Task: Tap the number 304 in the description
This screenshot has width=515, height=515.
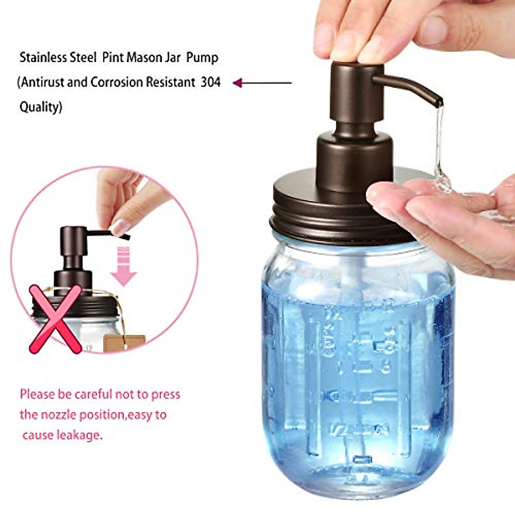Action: (211, 82)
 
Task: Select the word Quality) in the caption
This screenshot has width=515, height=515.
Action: (41, 107)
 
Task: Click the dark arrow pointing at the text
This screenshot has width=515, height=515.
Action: (262, 83)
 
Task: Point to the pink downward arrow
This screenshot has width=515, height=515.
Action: (124, 269)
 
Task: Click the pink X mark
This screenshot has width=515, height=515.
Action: (56, 319)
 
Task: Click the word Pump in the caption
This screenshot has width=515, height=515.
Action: (202, 58)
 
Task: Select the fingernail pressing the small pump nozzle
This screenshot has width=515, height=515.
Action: (120, 227)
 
